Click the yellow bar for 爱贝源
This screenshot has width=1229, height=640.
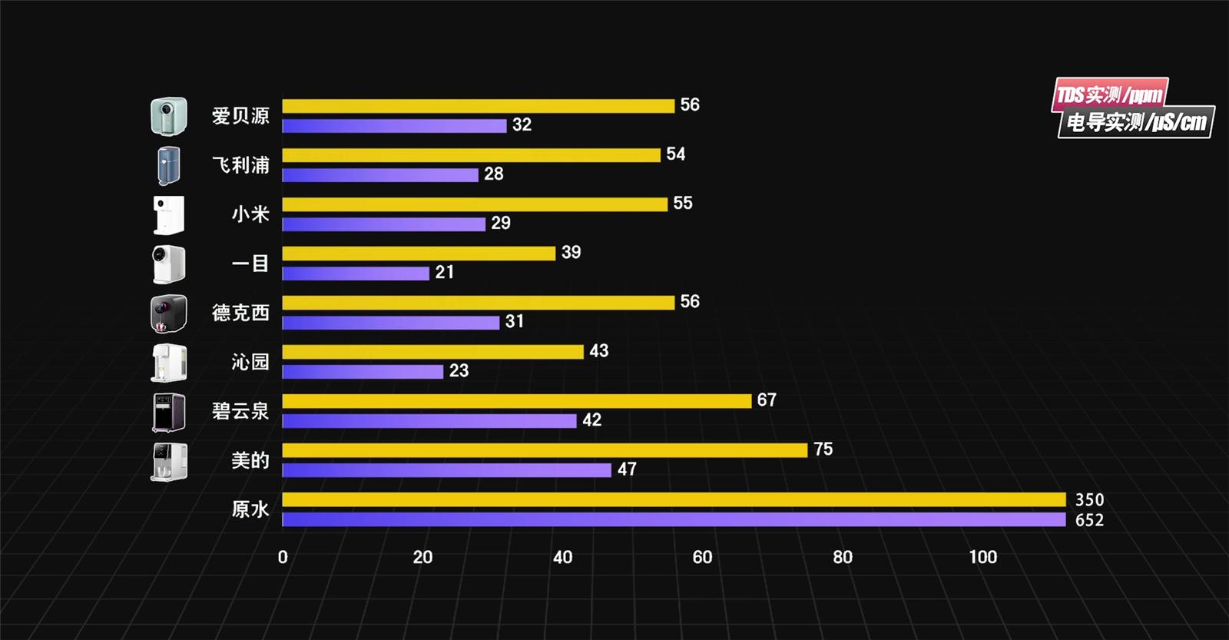(478, 106)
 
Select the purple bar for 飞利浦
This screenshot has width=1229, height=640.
(380, 175)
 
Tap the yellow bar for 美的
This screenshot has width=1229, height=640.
(545, 450)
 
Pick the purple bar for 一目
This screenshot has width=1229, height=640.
(356, 274)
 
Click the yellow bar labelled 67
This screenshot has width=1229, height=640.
(516, 401)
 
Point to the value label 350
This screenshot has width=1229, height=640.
(1089, 500)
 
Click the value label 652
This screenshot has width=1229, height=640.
(1089, 520)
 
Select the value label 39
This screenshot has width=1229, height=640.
(571, 253)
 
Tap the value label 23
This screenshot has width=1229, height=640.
(459, 371)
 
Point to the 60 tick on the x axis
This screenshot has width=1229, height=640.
(702, 558)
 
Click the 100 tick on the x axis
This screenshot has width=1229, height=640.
(982, 558)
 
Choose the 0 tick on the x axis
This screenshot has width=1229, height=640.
(283, 558)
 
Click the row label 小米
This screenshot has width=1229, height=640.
(250, 214)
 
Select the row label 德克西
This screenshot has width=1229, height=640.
(240, 313)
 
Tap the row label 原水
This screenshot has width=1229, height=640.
(250, 509)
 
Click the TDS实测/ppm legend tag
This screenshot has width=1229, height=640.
(1109, 95)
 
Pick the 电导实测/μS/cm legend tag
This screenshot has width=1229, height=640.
(1136, 122)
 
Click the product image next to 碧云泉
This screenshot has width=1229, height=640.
(169, 413)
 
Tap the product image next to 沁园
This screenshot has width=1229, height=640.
(169, 363)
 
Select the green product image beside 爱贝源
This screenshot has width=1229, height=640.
(169, 116)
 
